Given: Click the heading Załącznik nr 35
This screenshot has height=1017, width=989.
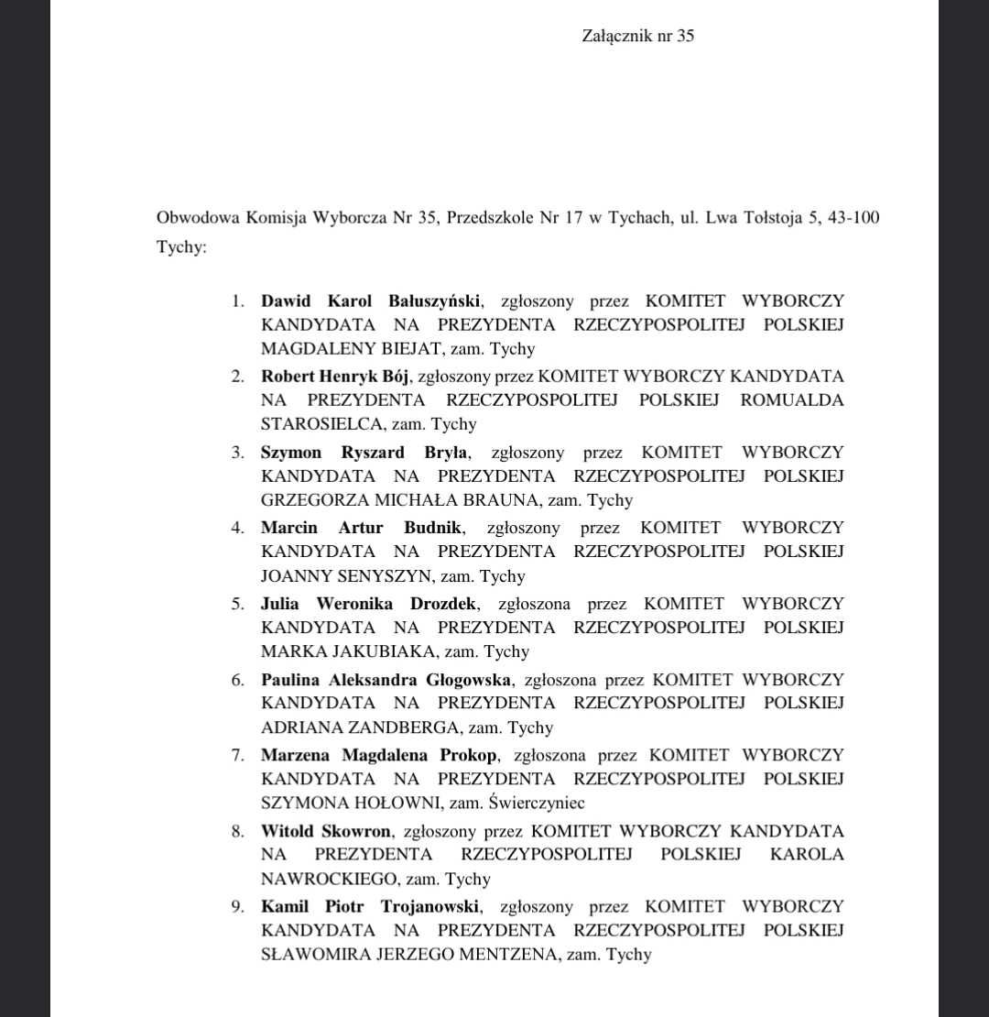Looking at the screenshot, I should tap(637, 36).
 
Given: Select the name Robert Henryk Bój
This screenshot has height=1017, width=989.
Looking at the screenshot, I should tap(336, 376).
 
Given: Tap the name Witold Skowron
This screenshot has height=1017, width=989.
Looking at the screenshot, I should tap(326, 831).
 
